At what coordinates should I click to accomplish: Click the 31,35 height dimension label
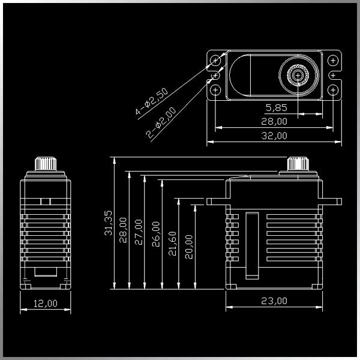click(x=109, y=223)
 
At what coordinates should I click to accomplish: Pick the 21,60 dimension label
click(x=173, y=244)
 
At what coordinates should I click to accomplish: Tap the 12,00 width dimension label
click(x=46, y=303)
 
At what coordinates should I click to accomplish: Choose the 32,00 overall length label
click(x=274, y=136)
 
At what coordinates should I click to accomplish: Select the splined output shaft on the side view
click(x=46, y=163)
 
